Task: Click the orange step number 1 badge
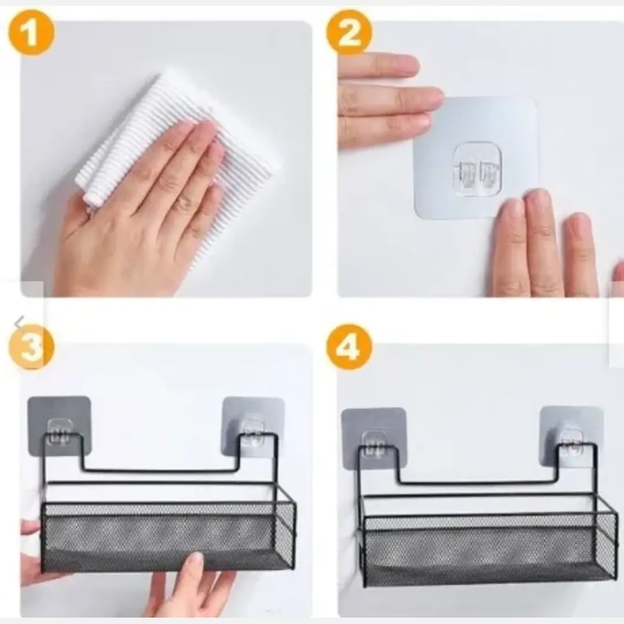coord(31,32)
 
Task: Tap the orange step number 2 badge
coord(350,32)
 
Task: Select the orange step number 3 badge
coord(31,347)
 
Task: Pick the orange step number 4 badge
coord(350,347)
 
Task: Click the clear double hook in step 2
coord(478,169)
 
